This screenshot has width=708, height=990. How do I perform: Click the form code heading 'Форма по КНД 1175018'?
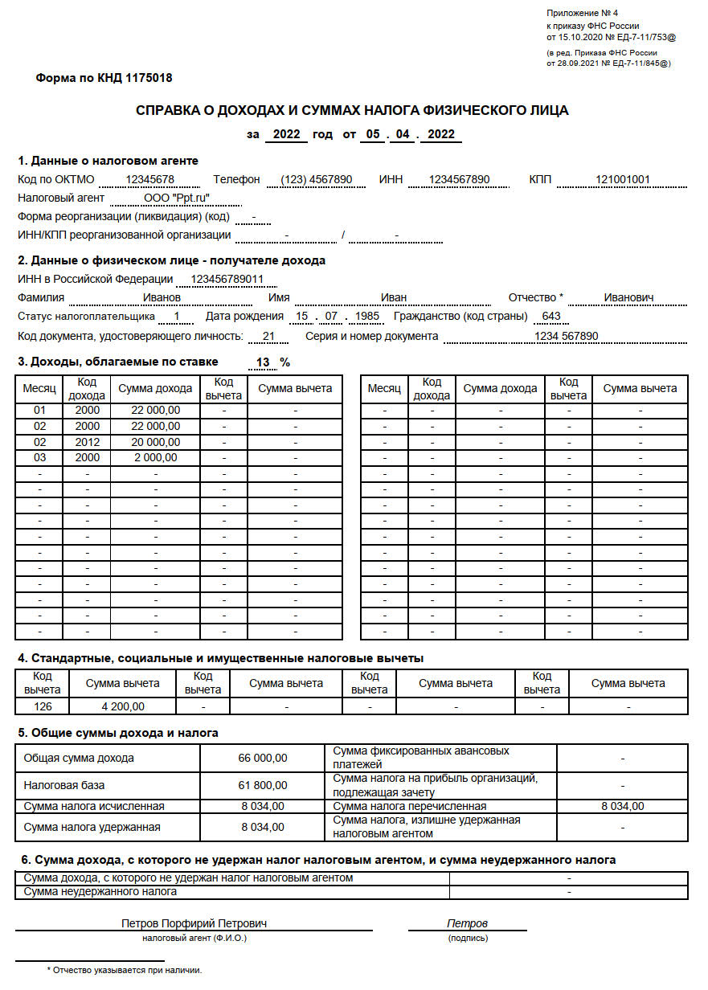coord(104,78)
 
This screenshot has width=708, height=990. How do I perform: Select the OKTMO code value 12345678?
coord(150,179)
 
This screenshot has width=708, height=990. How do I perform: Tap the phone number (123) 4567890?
coord(317,179)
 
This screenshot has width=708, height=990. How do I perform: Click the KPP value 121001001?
coord(623,179)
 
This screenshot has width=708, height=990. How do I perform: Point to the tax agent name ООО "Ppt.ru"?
coord(177,198)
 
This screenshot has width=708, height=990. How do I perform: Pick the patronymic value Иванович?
coord(628,297)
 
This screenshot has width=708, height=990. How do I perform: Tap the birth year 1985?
coord(366,317)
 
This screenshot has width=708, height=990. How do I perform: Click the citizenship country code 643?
coord(551,317)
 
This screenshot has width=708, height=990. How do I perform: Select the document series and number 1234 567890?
coord(566,336)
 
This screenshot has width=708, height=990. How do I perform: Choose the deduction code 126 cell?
coord(42,707)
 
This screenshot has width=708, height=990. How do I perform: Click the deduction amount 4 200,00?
coord(123,707)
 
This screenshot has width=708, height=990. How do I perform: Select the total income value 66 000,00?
coord(262,758)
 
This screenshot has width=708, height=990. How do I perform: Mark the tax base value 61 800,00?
coord(262,785)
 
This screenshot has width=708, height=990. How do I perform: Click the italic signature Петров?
coord(467,923)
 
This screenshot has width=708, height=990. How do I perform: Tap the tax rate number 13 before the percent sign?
coord(262,362)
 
